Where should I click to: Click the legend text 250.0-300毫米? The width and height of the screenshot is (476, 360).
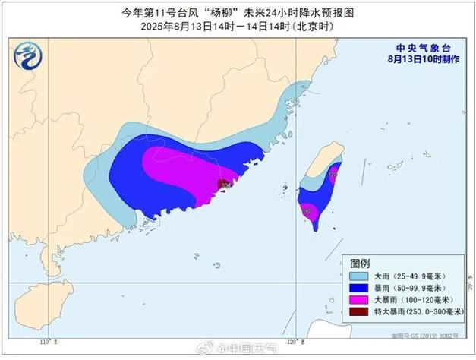pos(430,312)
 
